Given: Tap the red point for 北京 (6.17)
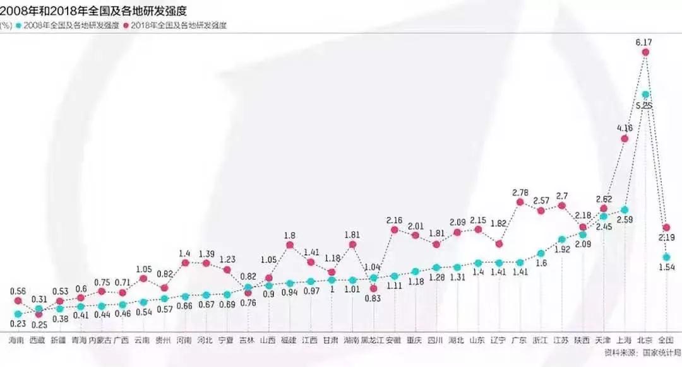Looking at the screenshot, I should point(645,53).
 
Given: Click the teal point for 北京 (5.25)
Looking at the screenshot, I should point(645,93).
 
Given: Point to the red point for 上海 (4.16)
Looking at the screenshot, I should point(625,139).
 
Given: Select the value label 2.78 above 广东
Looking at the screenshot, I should point(520,191).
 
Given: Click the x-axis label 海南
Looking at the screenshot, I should point(18,340).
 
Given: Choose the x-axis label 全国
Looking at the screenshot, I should point(666,340).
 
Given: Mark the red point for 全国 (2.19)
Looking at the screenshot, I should point(667,227).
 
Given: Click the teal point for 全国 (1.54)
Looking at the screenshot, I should point(667,257).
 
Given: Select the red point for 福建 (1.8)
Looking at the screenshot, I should point(290,244).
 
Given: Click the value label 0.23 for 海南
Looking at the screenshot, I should point(18,325).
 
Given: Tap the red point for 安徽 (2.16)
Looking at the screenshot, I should point(395,230).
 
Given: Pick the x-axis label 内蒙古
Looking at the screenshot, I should point(101,340).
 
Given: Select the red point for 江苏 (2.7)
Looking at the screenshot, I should point(562,206).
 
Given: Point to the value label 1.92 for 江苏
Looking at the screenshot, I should point(562,250).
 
